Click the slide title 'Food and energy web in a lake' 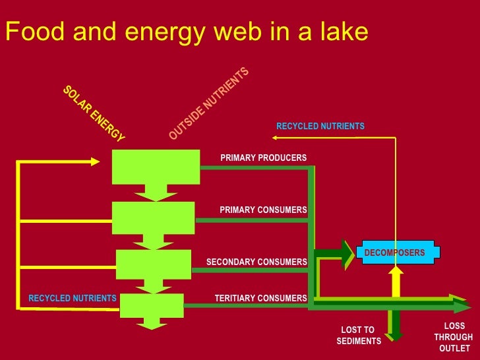(x=187, y=32)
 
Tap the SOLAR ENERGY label (x=94, y=114)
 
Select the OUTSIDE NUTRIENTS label (x=208, y=104)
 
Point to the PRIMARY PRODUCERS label (x=263, y=158)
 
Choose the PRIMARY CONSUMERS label (x=263, y=210)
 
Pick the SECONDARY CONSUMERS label (x=256, y=262)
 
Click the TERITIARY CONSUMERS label (x=260, y=299)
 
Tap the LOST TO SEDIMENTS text (x=358, y=336)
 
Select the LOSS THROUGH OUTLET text (x=454, y=337)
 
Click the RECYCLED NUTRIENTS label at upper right (x=320, y=126)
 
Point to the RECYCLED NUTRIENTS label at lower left (x=72, y=299)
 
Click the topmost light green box (x=156, y=167)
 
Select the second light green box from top (x=153, y=218)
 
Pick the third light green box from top (x=153, y=264)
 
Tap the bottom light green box (x=152, y=305)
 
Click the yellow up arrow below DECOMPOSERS (x=396, y=280)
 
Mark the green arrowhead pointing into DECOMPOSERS (x=347, y=254)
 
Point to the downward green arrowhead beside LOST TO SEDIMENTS (x=394, y=335)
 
